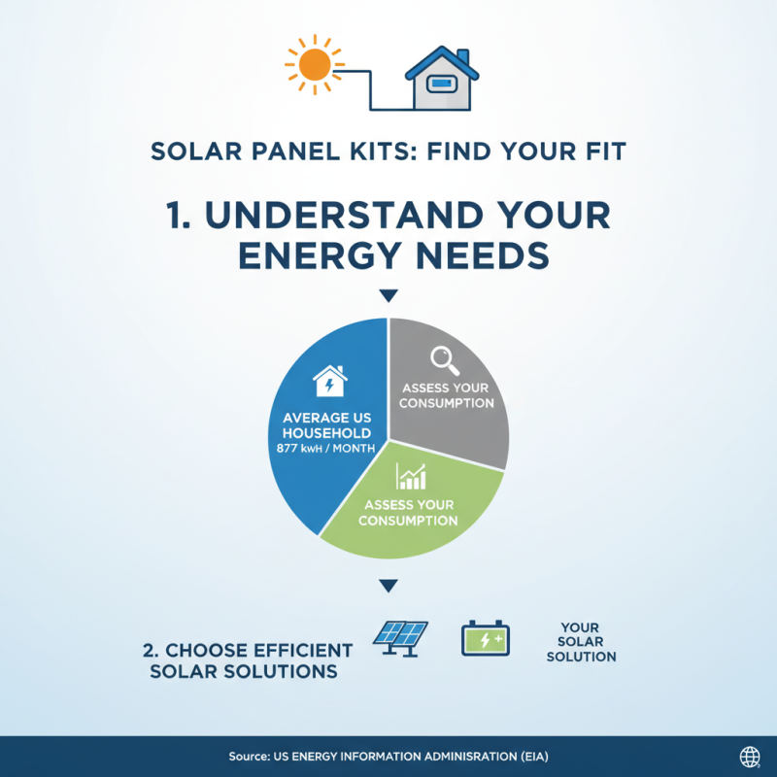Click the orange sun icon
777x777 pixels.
(x=314, y=65)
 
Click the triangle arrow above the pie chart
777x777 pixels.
(x=388, y=295)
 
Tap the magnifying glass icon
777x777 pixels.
(x=446, y=360)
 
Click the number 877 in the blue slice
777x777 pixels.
(x=288, y=450)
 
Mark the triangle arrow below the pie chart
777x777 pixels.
(x=388, y=586)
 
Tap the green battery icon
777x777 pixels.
(x=485, y=639)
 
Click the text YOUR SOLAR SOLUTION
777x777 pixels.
(x=581, y=642)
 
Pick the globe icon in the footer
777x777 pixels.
(x=750, y=757)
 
